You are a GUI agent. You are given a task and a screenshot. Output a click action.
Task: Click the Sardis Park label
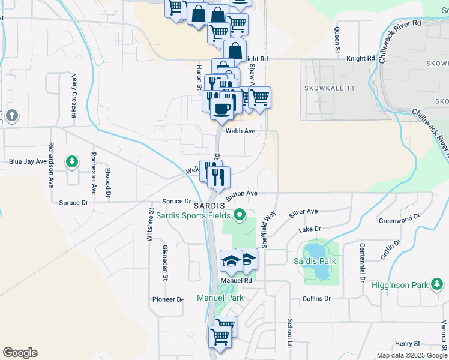[315, 261]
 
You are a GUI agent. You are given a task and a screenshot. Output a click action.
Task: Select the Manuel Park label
[220, 298]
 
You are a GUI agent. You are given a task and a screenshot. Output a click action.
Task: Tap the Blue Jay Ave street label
[28, 161]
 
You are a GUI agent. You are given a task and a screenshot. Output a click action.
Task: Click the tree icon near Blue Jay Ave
[72, 161]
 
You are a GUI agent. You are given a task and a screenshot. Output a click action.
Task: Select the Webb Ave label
[241, 130]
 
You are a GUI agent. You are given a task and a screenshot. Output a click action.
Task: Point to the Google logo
[20, 353]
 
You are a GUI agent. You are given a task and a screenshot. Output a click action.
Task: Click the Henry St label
[408, 344]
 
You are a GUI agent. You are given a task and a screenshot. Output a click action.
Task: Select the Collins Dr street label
[317, 298]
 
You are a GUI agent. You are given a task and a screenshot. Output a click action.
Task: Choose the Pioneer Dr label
[167, 299]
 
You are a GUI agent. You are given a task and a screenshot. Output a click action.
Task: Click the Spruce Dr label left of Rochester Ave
[74, 203]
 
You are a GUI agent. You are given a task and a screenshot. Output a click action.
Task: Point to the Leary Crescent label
[75, 95]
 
